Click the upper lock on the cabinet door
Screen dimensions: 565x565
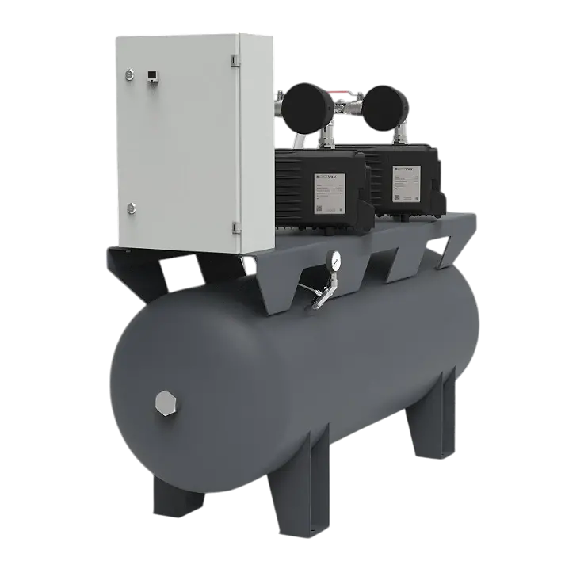(x=127, y=74)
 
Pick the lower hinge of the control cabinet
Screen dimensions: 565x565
(x=236, y=228)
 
